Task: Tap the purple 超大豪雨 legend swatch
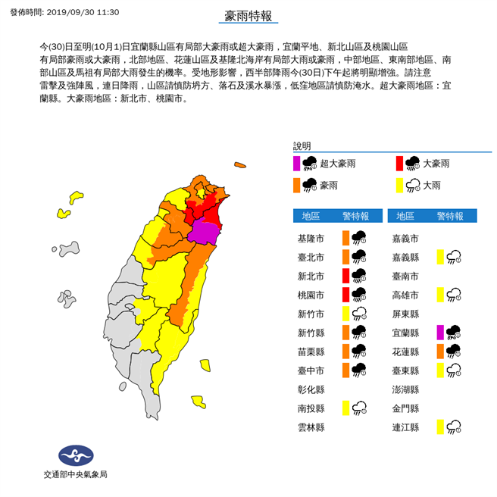tap(296, 163)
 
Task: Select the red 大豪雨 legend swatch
tap(399, 163)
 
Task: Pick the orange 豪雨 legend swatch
tap(296, 185)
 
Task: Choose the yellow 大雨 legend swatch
tap(399, 185)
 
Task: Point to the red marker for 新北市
tap(345, 276)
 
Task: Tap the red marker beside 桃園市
tap(345, 295)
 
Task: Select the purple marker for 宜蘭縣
tap(440, 333)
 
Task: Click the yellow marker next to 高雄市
tap(440, 295)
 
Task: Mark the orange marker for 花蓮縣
tap(440, 352)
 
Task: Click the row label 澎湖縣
tap(407, 389)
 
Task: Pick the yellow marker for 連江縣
tap(440, 427)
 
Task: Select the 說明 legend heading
tap(302, 145)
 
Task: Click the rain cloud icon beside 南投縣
tap(359, 408)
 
